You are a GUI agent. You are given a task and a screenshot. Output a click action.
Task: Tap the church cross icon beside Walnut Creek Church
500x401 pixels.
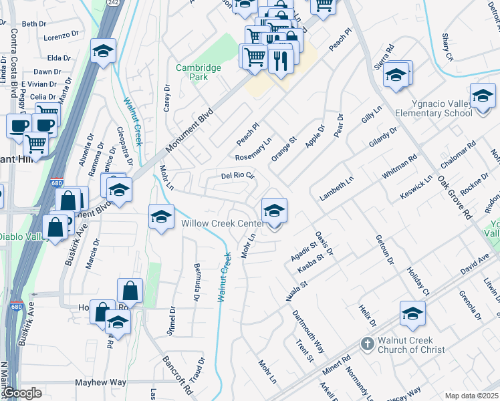tap(366, 344)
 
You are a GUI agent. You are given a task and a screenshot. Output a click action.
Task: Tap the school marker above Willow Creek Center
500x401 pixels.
tap(274, 211)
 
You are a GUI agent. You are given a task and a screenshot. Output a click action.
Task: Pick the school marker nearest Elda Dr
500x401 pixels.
tap(104, 52)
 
